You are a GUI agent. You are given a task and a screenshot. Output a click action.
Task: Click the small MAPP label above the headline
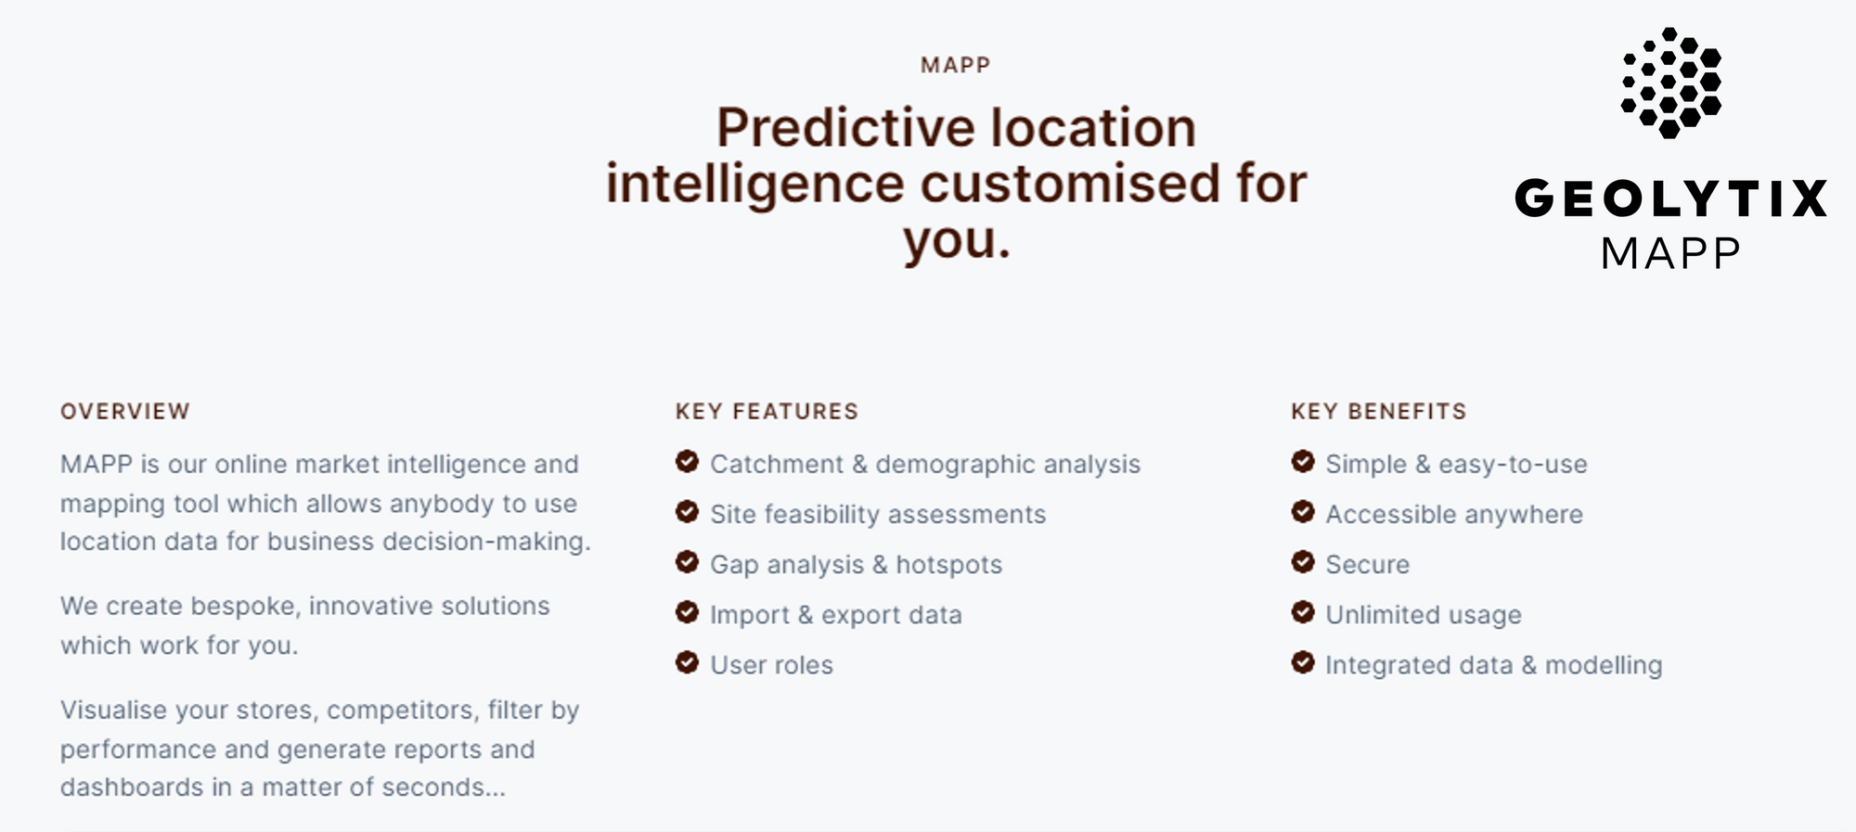956,65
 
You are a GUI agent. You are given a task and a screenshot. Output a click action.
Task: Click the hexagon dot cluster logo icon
1670,83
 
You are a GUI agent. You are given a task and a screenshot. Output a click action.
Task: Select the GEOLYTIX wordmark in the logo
1670,198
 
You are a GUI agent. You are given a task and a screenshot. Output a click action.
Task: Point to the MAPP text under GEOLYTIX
1670,253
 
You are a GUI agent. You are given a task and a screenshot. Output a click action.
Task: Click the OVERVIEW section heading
125,412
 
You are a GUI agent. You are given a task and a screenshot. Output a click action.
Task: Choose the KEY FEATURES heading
767,412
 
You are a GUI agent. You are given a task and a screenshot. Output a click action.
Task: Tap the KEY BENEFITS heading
1378,412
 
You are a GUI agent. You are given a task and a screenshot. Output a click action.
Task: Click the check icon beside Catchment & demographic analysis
687,461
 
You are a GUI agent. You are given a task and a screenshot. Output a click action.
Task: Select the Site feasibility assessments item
878,514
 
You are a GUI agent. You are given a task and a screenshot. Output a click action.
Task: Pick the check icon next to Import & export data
687,612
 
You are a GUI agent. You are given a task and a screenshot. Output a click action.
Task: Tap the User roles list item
772,665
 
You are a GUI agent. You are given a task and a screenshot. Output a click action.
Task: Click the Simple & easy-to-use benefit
1456,464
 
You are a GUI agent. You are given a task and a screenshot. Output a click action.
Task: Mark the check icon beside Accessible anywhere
1303,511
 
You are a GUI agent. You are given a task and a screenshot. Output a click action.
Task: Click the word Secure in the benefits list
1367,565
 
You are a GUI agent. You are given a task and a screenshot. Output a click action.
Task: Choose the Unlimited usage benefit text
1424,615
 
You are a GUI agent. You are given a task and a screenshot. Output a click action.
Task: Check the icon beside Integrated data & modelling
1303,662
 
